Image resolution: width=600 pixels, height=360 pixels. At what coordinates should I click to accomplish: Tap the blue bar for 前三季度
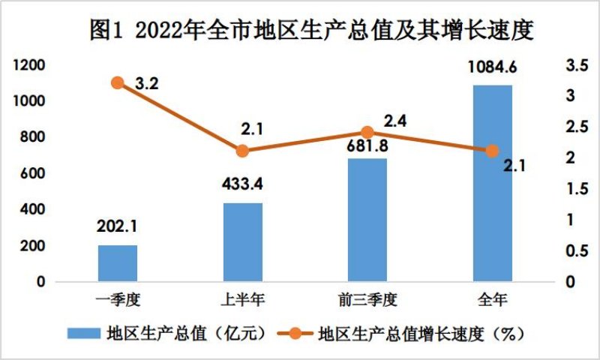(367, 220)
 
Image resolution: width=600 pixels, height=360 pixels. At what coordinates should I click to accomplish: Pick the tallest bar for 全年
(492, 183)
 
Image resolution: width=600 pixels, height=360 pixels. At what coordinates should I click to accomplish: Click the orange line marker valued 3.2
(118, 83)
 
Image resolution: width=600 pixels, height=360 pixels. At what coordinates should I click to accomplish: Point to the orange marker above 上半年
(242, 151)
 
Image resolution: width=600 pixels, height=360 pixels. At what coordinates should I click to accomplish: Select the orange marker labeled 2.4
(367, 133)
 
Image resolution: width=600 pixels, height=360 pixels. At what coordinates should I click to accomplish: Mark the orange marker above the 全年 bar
(492, 151)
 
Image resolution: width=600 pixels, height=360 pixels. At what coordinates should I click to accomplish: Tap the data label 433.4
(243, 184)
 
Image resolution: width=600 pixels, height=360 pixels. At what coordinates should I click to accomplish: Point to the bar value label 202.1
(118, 226)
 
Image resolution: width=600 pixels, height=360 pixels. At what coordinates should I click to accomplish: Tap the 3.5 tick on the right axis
(572, 66)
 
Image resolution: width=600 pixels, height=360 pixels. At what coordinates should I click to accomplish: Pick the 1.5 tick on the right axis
(572, 189)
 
